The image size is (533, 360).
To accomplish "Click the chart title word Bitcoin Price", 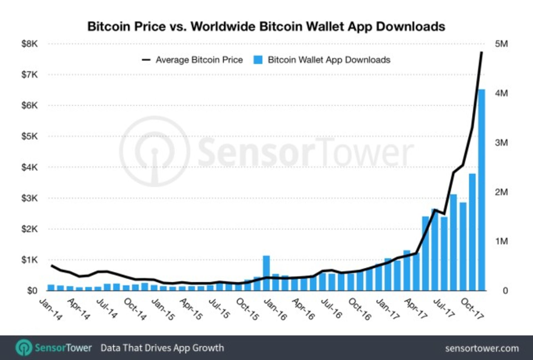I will tap(127, 27).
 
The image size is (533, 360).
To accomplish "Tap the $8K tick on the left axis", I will tap(29, 44).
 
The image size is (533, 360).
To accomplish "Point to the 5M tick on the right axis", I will tap(501, 44).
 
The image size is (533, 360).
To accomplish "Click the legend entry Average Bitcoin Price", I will tap(199, 60).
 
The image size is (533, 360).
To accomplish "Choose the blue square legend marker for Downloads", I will tap(258, 60).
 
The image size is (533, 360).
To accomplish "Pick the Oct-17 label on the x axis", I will tap(472, 309).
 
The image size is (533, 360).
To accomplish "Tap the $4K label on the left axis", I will tap(29, 167).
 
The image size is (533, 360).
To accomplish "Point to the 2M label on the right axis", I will tap(501, 192).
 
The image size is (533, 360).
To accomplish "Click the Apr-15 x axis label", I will tap(191, 309).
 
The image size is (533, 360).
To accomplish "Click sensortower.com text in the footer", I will tap(482, 348).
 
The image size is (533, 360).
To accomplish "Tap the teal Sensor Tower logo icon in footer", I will tap(24, 348).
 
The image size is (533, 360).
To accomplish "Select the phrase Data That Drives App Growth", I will tap(162, 348).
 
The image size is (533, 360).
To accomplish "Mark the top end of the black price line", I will tap(482, 52).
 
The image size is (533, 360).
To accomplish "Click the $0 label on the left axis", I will tap(32, 291).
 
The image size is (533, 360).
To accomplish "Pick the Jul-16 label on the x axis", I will tap(331, 309).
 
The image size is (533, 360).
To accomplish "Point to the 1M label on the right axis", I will tap(501, 241).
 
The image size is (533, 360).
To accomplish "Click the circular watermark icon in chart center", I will tap(155, 151).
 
